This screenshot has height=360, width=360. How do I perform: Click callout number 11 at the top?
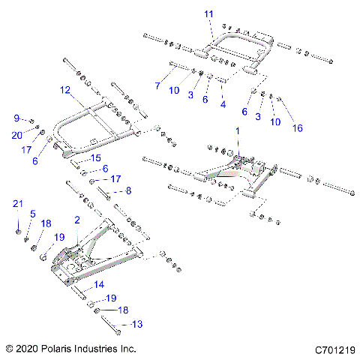tap(208, 14)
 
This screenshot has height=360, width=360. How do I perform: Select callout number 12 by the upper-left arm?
tap(65, 89)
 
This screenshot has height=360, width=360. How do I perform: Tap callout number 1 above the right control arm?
tap(238, 130)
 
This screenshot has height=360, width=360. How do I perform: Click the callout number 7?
tap(157, 86)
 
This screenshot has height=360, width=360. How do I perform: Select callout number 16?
tap(298, 128)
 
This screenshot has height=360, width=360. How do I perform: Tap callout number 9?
tap(16, 118)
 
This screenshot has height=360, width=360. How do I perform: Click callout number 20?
tap(18, 134)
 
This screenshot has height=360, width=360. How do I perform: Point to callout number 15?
tap(95, 158)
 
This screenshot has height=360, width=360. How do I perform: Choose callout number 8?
tap(127, 191)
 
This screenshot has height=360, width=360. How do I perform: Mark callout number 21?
tap(18, 204)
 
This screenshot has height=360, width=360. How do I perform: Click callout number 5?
tap(32, 214)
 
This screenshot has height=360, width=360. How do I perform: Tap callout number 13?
tap(136, 324)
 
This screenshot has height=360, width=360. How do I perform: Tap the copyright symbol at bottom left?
tap(9, 349)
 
